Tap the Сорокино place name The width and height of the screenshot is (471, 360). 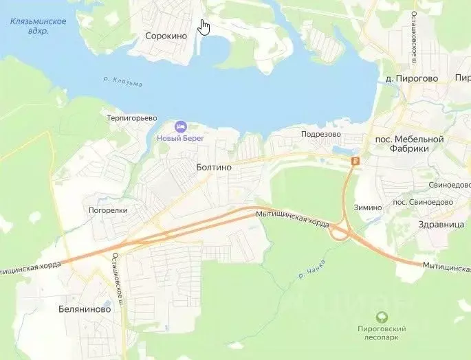coord(166,36)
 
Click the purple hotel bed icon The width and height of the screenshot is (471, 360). coord(181,127)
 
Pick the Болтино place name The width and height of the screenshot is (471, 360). coord(214,167)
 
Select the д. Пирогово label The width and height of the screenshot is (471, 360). coord(412,78)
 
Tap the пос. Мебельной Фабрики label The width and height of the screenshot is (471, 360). coord(409,144)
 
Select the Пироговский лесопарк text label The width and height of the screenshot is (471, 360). coord(382,333)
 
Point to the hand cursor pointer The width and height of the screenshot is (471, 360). coord(204,27)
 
